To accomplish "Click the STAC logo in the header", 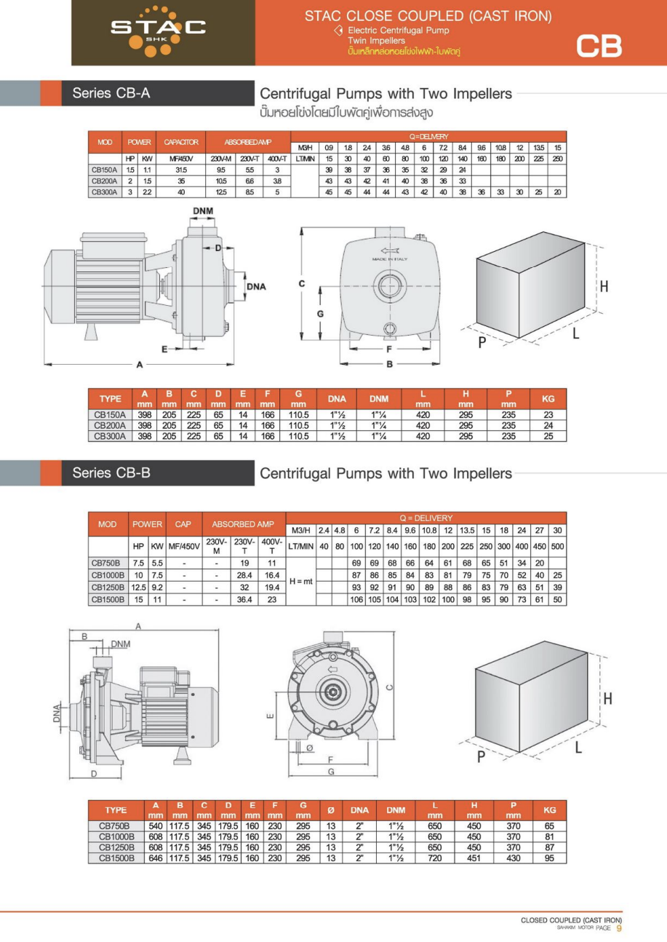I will tap(157, 30).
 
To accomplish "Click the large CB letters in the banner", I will tap(599, 47).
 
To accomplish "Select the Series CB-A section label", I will tap(111, 93).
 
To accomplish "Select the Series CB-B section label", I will tap(111, 472).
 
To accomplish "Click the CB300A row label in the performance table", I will tap(103, 191).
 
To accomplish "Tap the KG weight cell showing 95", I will tap(549, 858).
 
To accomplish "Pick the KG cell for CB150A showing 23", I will tap(548, 414).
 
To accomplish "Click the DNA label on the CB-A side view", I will tap(256, 286).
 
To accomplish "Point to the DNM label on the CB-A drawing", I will tap(203, 211).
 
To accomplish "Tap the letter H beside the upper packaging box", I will tap(604, 287).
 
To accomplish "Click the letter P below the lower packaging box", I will tap(481, 757).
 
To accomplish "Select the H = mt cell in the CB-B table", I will tap(300, 581).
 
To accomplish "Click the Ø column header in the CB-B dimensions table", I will tap(331, 810).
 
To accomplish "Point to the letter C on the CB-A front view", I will tap(301, 285).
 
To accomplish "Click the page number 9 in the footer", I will tap(619, 927).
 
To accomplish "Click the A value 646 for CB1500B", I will tap(156, 858).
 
